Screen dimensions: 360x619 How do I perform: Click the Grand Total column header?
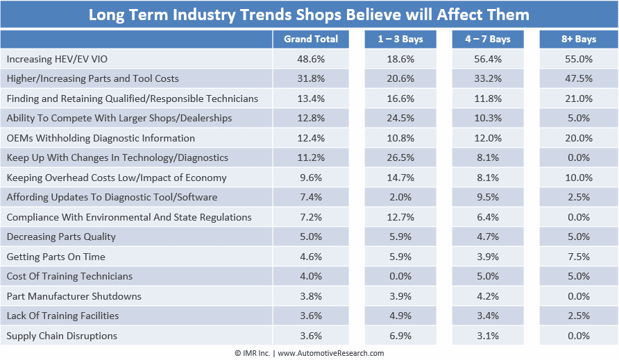[x=311, y=39]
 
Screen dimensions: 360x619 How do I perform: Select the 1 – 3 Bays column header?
[x=400, y=39]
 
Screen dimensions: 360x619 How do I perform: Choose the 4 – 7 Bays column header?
[x=488, y=39]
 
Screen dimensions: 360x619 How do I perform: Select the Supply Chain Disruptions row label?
[x=62, y=336]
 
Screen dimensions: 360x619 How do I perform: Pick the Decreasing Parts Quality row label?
[x=61, y=237]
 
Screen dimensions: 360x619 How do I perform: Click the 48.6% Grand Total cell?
[x=311, y=59]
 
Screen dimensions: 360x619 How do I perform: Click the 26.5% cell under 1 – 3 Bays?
[x=400, y=157]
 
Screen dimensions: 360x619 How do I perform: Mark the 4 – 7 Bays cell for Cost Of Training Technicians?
[x=488, y=276]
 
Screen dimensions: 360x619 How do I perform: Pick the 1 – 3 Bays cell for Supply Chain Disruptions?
[x=400, y=336]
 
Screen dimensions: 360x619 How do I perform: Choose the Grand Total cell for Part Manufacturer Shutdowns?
[x=311, y=296]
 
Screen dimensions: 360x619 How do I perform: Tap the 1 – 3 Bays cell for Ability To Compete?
[x=400, y=118]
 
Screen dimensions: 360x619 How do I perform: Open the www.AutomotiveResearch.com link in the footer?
[x=331, y=353]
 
